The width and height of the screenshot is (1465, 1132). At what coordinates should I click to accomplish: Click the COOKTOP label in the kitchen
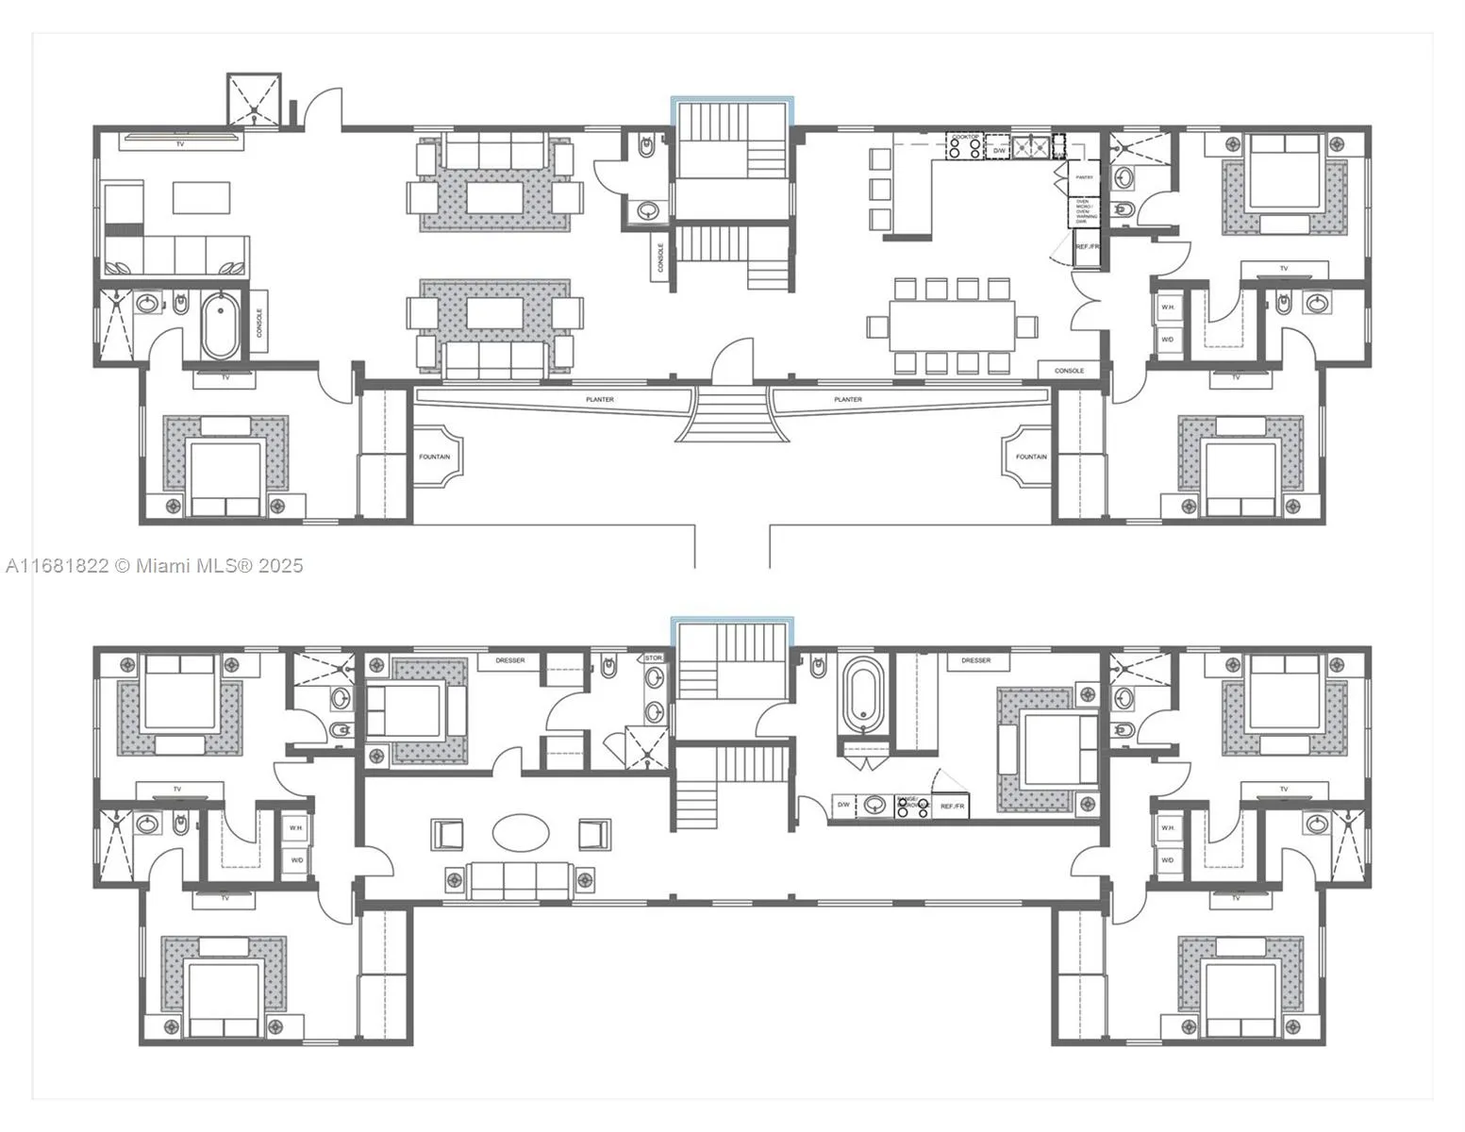[965, 138]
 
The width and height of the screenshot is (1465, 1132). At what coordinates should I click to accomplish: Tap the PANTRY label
[1085, 177]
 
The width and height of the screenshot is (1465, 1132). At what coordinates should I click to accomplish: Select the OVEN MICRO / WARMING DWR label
[1085, 212]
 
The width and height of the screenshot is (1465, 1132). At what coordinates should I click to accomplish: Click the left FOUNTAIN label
[434, 457]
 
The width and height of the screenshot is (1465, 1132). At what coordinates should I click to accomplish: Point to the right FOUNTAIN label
[1030, 457]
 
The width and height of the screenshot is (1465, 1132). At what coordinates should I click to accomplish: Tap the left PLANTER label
[599, 400]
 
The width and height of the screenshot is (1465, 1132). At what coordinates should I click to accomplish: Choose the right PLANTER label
[847, 400]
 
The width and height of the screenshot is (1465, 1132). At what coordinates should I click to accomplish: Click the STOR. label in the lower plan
[654, 658]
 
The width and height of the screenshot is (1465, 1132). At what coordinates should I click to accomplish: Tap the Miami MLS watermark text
[154, 565]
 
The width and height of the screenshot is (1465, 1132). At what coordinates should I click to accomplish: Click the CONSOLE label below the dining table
[1069, 371]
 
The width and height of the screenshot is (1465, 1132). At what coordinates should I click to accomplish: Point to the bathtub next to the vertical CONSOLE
[220, 325]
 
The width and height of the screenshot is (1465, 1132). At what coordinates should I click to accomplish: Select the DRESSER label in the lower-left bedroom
[509, 660]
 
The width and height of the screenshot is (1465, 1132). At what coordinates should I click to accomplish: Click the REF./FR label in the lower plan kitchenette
[952, 807]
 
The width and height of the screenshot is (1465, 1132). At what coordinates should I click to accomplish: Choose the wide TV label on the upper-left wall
[179, 143]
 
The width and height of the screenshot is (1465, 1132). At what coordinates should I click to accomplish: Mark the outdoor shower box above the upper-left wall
[254, 98]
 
